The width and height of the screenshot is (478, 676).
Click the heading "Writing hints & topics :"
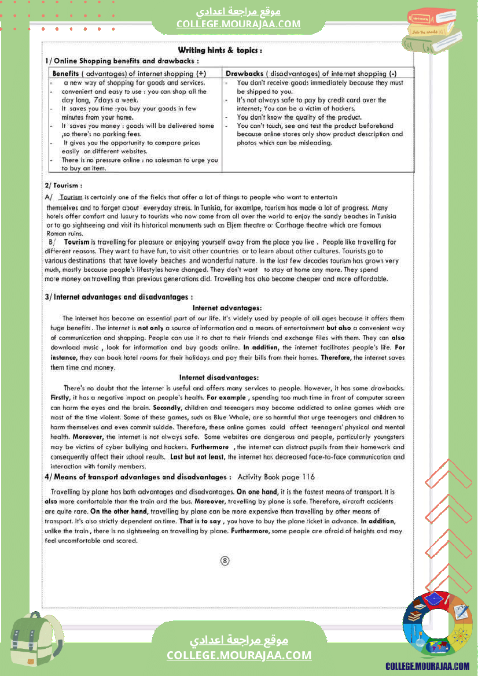point(220,50)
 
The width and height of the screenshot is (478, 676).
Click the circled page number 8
point(225,561)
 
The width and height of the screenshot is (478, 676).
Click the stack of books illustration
point(432,28)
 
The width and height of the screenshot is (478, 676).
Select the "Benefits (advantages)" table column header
point(129,73)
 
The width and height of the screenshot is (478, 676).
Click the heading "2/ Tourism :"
point(63,186)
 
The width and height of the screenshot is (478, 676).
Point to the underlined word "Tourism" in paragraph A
point(71,197)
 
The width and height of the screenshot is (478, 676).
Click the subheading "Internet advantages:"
point(227,308)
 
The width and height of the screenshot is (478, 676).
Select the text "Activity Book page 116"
point(276,477)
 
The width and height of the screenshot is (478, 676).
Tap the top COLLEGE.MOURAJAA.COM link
point(238,24)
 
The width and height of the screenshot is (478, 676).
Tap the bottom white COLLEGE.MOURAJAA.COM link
point(239,655)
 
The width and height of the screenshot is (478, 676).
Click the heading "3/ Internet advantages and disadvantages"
point(119,297)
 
